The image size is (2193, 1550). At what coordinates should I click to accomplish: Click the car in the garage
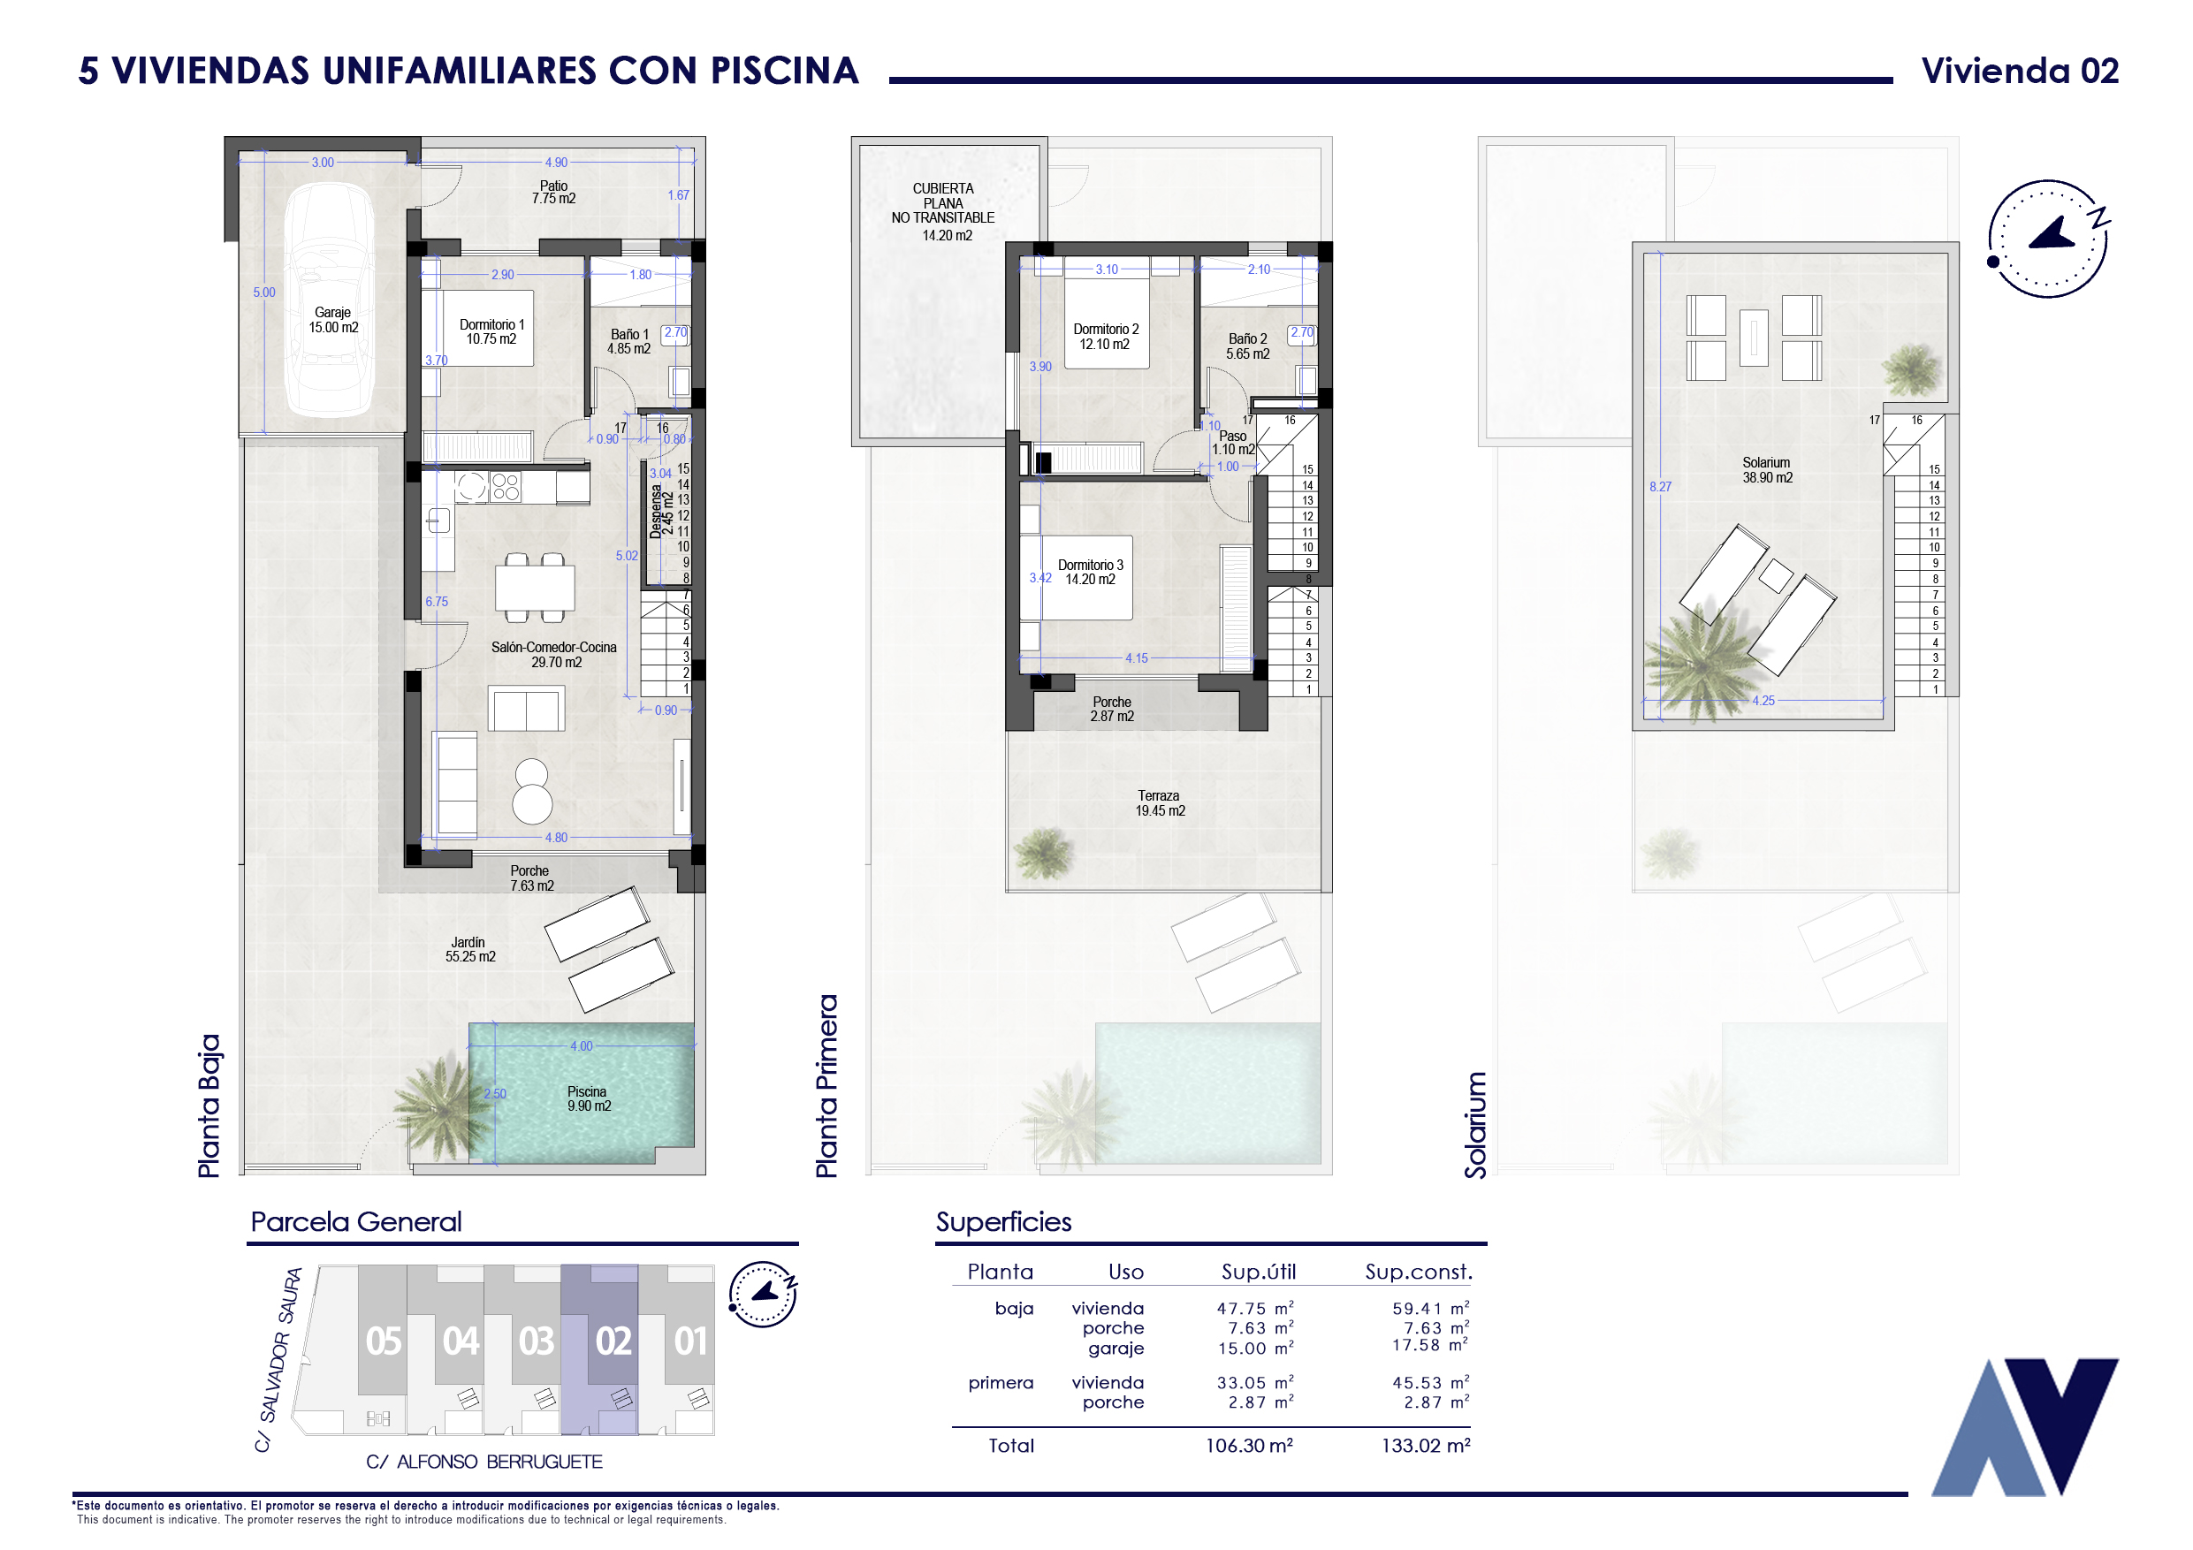pos(331,299)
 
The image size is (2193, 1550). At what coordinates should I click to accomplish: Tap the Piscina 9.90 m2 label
pos(589,1099)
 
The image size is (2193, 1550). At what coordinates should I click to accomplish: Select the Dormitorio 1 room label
pos(491,324)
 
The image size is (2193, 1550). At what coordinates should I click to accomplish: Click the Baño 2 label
pos(1247,339)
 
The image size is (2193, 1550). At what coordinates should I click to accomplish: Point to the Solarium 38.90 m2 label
pos(1767,470)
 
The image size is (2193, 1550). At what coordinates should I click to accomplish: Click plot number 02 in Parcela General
pos(613,1341)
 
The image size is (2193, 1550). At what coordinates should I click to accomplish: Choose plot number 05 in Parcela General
pos(383,1341)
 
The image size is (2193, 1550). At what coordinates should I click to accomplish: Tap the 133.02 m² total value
pos(1425,1446)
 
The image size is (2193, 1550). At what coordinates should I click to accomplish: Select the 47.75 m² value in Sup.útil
pos(1255,1309)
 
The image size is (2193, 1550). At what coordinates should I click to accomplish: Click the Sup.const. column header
pos(1419,1273)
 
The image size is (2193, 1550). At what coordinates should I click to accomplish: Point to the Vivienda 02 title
pos(2020,71)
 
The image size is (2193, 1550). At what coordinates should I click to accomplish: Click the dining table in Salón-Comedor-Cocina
pos(535,588)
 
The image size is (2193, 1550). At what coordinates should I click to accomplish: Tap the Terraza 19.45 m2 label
pos(1160,803)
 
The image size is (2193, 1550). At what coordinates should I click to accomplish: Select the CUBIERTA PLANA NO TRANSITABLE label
pos(943,203)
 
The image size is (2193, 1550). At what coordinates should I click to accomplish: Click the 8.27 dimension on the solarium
pos(1660,487)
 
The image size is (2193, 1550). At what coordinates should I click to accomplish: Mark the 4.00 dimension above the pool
pos(581,1046)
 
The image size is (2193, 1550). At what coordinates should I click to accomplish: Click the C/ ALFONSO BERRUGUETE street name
pos(484,1463)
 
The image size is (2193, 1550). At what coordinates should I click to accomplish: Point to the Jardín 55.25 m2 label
pos(470,949)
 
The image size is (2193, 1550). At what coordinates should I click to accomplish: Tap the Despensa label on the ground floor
pos(655,512)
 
